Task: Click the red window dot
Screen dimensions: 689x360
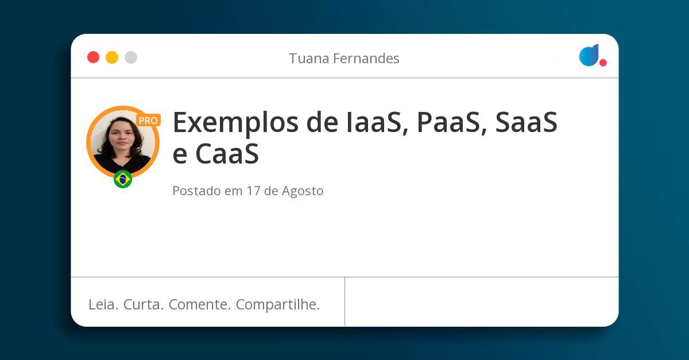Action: [x=93, y=57]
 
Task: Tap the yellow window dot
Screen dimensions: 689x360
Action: [x=112, y=57]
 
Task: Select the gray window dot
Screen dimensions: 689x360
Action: [x=131, y=57]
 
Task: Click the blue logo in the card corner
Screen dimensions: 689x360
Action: [x=589, y=55]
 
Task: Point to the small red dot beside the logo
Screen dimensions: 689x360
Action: [x=603, y=63]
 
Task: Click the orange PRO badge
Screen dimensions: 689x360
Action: [x=148, y=121]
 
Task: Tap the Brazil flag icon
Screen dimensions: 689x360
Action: [x=123, y=179]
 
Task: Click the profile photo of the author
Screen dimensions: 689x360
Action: [x=123, y=142]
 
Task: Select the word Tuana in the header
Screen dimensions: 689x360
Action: [x=309, y=58]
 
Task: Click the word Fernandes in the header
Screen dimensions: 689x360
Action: [x=366, y=58]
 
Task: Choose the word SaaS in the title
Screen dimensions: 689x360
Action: [x=527, y=122]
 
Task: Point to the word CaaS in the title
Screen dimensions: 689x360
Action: [x=227, y=153]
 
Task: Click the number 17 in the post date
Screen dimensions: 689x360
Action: [x=253, y=191]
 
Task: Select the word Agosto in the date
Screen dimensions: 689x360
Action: [x=303, y=191]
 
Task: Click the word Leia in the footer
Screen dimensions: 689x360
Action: [x=103, y=305]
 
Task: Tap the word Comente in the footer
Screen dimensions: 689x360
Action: [x=200, y=305]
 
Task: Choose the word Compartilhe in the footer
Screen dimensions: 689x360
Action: [x=278, y=305]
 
